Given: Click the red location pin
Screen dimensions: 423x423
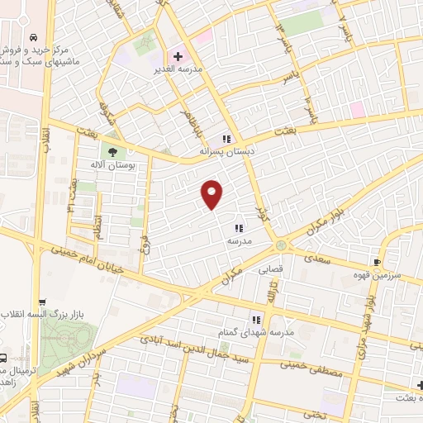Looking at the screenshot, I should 212,194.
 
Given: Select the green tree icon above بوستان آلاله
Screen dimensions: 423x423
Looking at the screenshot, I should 110,151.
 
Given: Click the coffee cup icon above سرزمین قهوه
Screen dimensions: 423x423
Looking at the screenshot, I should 378,262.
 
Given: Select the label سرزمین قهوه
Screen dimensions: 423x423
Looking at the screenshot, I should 397,273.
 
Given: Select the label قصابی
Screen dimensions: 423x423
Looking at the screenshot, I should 271,269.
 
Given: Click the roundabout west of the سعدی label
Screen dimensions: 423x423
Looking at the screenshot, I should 282,245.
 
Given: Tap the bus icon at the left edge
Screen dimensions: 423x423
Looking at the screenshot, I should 4,359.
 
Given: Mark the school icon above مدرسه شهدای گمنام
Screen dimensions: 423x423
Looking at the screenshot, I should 256,319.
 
